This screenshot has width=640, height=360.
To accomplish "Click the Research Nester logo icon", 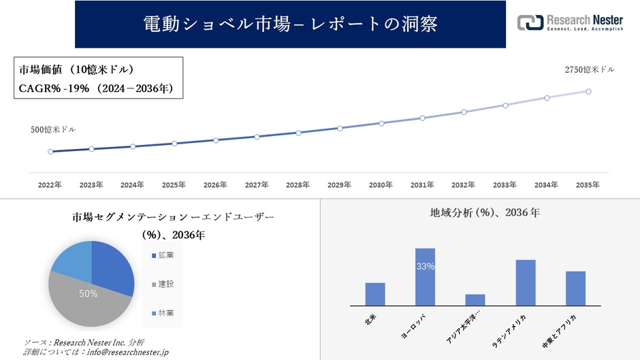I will click(530, 23).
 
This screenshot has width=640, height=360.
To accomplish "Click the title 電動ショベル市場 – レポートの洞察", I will click(290, 24).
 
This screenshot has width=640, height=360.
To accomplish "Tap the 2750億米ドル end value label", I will click(589, 70).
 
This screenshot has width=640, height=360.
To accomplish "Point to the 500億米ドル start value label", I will click(52, 129).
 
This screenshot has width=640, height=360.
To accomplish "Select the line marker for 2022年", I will click(50, 152).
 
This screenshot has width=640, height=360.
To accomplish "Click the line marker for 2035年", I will click(588, 91).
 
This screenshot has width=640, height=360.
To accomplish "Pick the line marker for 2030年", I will click(381, 123).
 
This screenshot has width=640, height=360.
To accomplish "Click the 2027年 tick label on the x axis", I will click(257, 185).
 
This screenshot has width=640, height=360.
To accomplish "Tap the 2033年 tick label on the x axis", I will click(505, 185).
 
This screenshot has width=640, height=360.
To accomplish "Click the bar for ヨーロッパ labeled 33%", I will click(425, 277).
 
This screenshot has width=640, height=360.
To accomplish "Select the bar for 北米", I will click(375, 294).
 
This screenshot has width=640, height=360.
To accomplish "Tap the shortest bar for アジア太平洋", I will click(475, 300).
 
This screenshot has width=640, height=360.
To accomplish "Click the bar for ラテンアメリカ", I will click(526, 282).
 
